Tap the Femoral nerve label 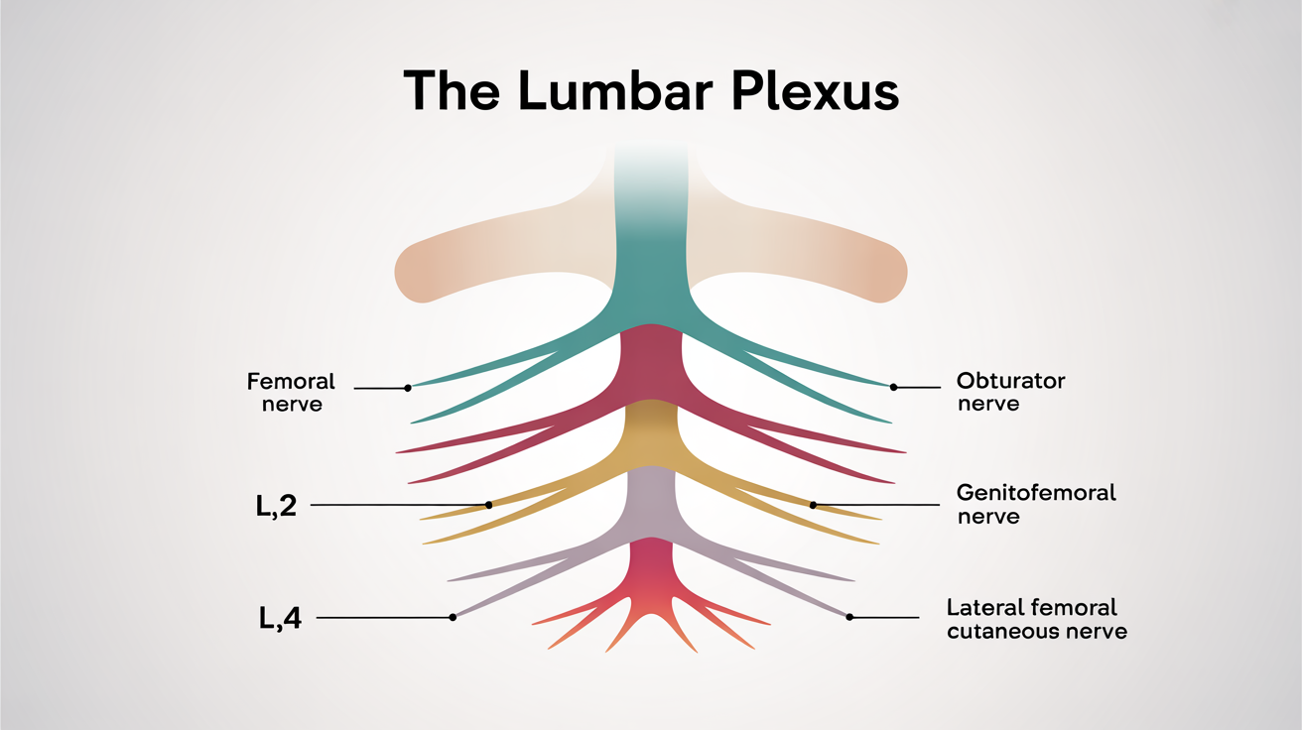click(292, 393)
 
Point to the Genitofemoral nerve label click(1036, 504)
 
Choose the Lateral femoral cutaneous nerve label click(1036, 619)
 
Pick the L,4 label click(280, 618)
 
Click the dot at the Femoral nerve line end click(408, 388)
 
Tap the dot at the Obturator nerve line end click(893, 387)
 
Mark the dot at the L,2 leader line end click(488, 505)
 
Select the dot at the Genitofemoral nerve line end click(813, 505)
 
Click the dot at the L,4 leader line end click(453, 617)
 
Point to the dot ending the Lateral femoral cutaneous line click(849, 617)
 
